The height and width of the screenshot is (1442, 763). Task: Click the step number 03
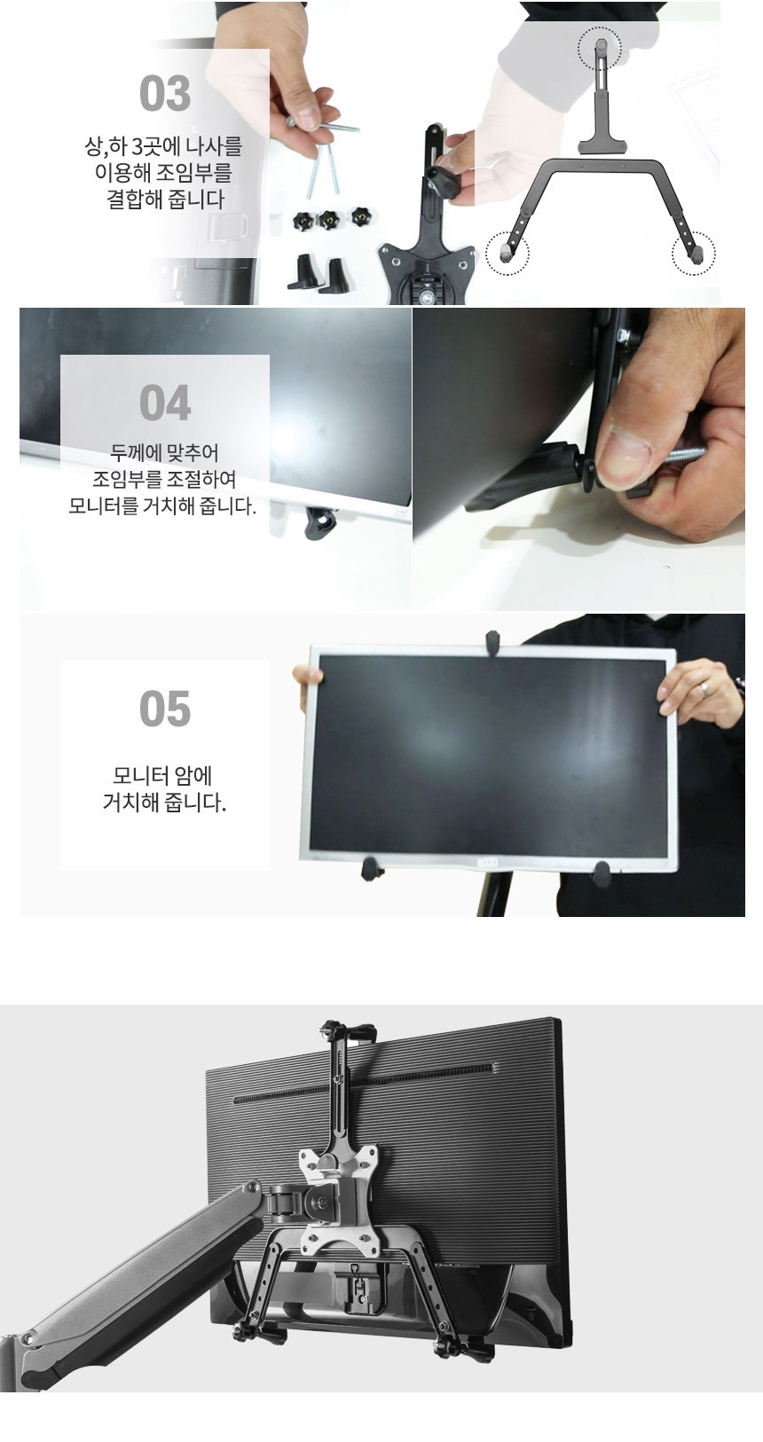(x=165, y=94)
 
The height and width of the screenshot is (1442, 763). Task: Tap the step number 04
(x=165, y=403)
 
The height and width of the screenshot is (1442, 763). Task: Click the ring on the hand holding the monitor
(x=704, y=688)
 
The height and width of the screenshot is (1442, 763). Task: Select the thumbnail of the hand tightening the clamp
(x=578, y=459)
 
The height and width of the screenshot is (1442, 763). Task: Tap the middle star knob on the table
(x=327, y=220)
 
